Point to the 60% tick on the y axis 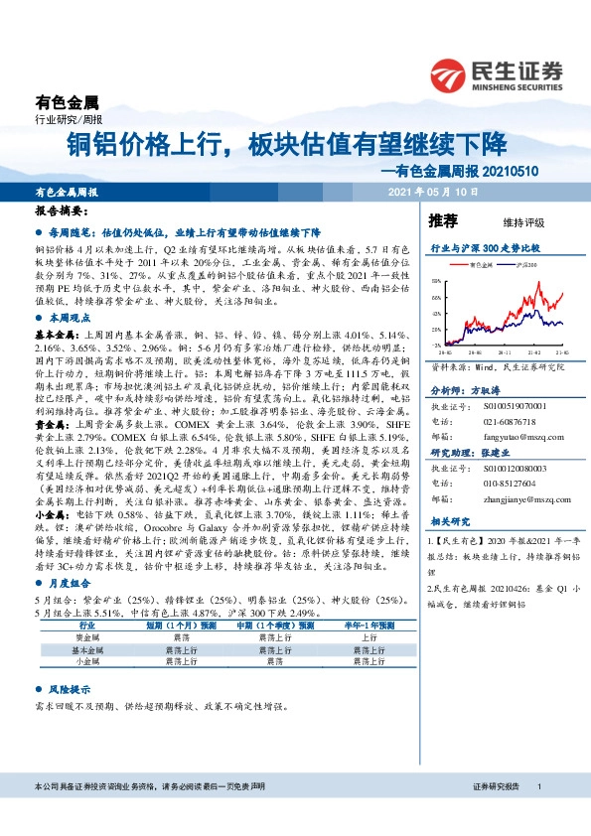click(436, 281)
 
